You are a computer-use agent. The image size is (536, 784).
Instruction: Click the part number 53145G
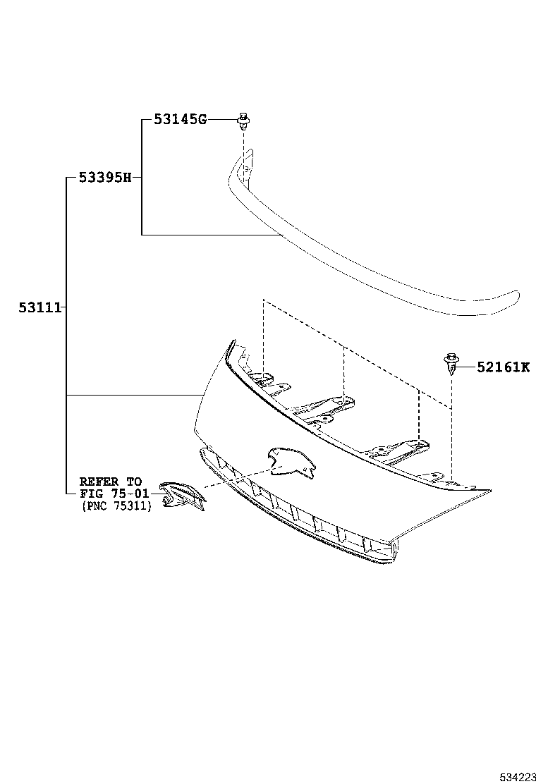(x=181, y=120)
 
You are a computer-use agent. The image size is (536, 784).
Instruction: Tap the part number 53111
(x=39, y=307)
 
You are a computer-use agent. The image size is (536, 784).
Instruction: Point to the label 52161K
(x=503, y=367)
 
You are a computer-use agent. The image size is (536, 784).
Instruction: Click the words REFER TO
(x=110, y=482)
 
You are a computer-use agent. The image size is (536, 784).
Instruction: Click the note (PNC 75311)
(x=116, y=506)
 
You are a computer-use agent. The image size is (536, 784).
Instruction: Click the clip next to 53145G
(x=243, y=121)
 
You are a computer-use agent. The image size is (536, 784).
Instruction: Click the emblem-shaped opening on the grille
(x=288, y=460)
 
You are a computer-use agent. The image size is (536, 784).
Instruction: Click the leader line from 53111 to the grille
(x=134, y=395)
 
